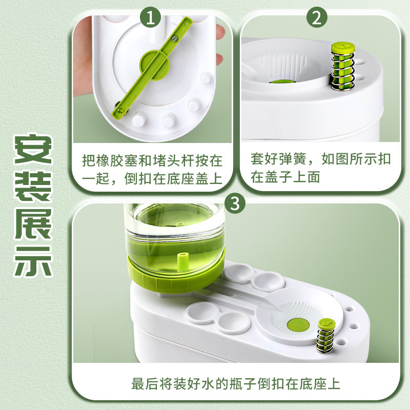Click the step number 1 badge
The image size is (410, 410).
coord(150,17)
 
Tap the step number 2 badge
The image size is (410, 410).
coord(317,17)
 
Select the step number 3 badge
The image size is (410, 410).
coord(235,203)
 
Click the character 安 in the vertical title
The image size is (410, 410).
coord(33,149)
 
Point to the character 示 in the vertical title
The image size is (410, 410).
coord(33,261)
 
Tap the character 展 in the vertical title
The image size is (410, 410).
coord(33,224)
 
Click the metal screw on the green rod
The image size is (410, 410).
coord(175,39)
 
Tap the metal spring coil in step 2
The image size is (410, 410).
coord(343,71)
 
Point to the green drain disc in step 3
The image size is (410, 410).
coord(298,324)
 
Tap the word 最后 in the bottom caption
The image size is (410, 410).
coord(145,384)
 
